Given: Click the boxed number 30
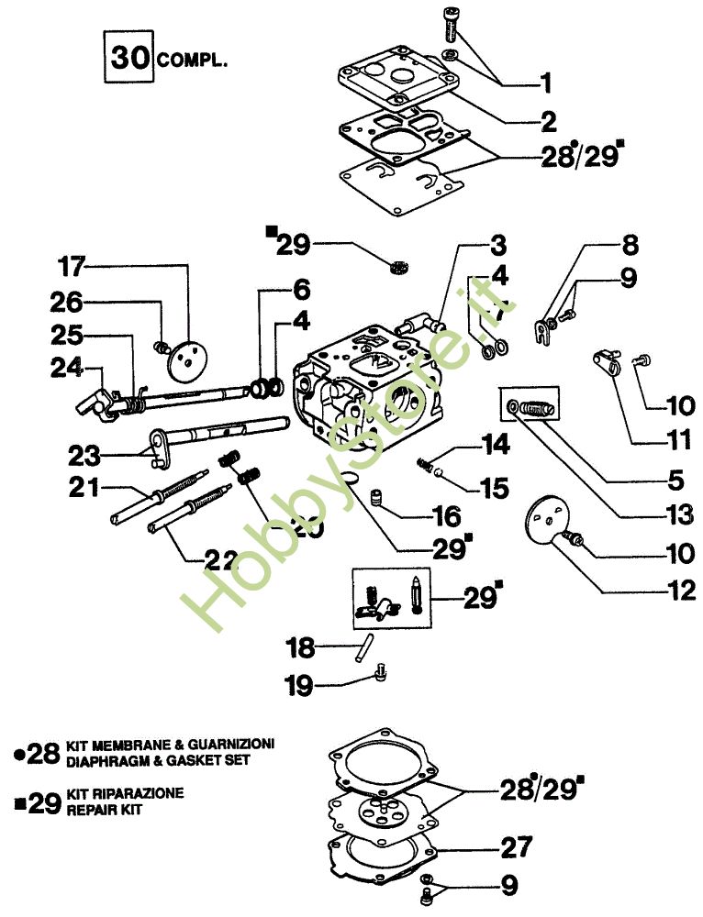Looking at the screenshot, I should [x=129, y=56].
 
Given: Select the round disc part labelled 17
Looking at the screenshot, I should [x=186, y=359].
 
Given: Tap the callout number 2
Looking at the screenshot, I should [x=548, y=120].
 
